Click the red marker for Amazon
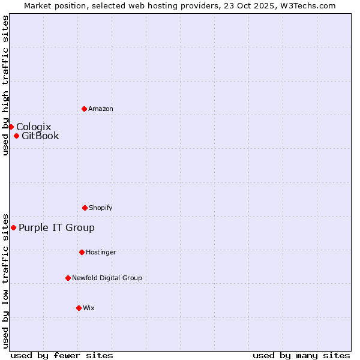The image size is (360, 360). (x=84, y=109)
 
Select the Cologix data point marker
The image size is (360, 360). (x=11, y=127)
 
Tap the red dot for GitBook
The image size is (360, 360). (x=16, y=136)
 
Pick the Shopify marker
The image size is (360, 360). (x=85, y=208)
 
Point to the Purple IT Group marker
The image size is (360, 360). (x=13, y=227)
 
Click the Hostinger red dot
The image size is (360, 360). (x=82, y=252)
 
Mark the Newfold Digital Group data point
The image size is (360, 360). (x=68, y=278)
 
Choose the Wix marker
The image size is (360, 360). (x=79, y=308)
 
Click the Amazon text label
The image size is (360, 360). (x=101, y=109)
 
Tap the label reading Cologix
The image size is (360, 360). (x=34, y=127)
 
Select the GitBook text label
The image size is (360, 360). (x=40, y=136)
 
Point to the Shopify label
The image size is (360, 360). (x=101, y=208)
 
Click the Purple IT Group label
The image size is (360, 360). (x=56, y=227)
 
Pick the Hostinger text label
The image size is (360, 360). (x=101, y=253)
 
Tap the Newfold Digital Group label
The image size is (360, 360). (x=107, y=278)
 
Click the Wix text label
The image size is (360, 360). (x=89, y=308)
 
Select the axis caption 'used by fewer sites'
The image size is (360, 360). (x=62, y=355)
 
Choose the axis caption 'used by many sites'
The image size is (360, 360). (x=301, y=355)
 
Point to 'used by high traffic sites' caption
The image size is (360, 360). (x=5, y=85)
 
